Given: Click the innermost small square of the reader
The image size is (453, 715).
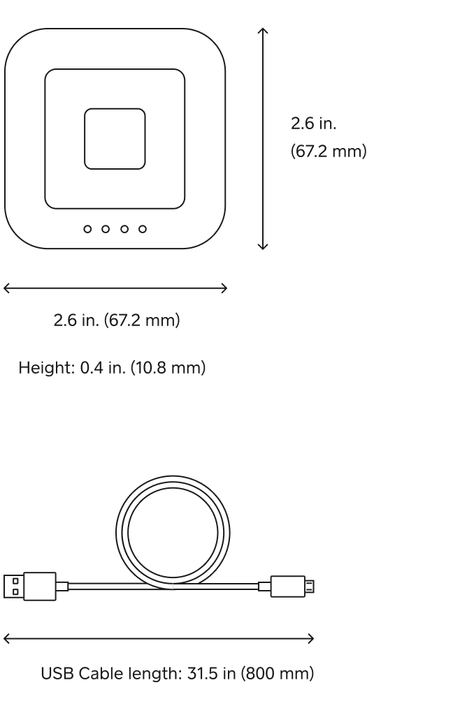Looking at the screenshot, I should pos(115,138).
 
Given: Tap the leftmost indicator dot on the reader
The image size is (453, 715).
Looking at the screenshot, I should pos(87,228).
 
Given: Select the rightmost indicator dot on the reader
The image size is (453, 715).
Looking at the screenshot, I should pos(143,228).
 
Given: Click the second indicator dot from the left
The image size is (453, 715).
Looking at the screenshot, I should pos(106,228).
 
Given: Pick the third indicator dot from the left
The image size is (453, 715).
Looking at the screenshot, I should pos(124,228).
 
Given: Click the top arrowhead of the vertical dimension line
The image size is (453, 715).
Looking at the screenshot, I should pos(263,30).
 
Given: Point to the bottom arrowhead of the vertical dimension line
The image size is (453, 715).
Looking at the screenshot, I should pos(263,247).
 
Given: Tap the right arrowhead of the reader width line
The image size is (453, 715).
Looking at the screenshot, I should pos(225,288).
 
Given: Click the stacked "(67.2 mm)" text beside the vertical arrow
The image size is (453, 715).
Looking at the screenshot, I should pos(328,151).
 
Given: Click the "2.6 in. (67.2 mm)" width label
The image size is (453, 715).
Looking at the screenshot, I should pos(117,321).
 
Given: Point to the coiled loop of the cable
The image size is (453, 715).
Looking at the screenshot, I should pos(171,531).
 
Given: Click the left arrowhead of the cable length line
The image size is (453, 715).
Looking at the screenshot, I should pos(6,637).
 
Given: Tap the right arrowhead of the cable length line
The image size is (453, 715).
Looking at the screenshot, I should pos(311,637).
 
